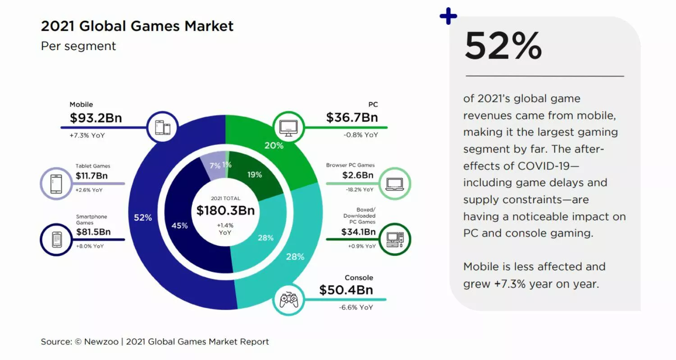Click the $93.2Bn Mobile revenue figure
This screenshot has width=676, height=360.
(x=96, y=118)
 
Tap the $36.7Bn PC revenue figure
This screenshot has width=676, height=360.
(x=352, y=118)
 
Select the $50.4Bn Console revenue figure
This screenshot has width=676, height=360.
(x=346, y=290)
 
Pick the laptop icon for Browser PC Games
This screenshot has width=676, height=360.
(x=395, y=184)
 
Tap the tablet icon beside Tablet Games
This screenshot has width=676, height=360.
(x=56, y=183)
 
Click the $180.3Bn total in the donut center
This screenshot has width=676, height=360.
(x=225, y=210)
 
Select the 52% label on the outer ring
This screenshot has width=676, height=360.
(x=143, y=218)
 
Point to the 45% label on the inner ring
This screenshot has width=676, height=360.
(x=179, y=225)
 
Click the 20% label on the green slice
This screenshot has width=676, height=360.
(x=274, y=146)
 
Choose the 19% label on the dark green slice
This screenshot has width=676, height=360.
(x=255, y=174)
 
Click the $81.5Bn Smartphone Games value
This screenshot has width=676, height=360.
(x=93, y=232)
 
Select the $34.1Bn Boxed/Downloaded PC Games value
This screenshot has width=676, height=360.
(x=358, y=232)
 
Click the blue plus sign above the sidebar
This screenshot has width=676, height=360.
(x=448, y=17)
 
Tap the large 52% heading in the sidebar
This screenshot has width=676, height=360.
(x=503, y=46)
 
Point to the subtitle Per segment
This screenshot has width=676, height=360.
(x=78, y=46)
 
